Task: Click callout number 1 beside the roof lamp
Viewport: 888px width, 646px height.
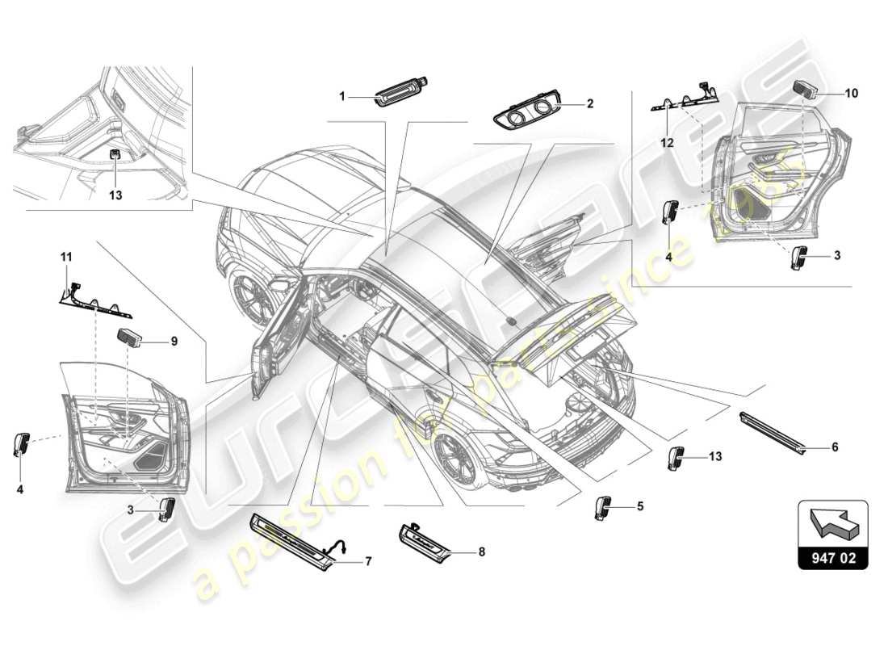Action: coord(341,96)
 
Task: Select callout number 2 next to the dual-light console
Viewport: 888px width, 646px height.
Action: coord(589,104)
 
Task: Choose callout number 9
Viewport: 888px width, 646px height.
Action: coord(174,342)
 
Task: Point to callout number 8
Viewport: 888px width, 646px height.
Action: coord(481,553)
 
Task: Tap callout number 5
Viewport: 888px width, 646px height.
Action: coord(639,507)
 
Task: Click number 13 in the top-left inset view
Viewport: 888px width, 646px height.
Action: coord(115,195)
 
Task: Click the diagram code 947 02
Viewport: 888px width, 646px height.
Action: coord(832,557)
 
